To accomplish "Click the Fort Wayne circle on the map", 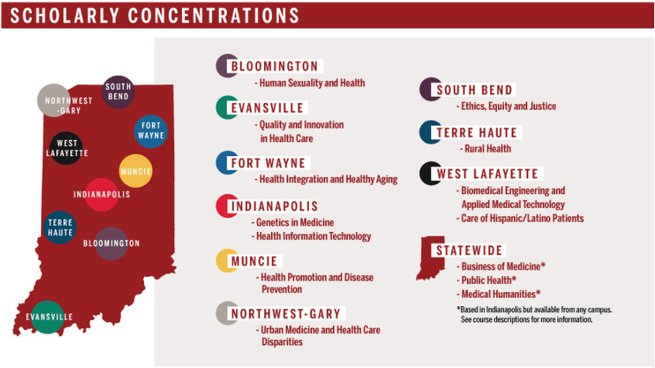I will tap(150, 131).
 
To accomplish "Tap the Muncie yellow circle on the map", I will tap(135, 171).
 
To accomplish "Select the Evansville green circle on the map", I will tap(47, 317).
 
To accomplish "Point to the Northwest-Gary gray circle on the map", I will tap(53, 101).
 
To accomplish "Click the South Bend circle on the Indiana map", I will tap(118, 92).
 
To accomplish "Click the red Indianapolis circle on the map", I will tap(101, 194).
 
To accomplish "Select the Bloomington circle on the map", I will tap(111, 244).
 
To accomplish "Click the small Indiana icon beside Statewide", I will tap(426, 257).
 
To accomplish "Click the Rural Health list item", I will tap(486, 148).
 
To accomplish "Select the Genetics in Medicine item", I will tap(294, 223).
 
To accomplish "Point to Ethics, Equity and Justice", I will tap(507, 106).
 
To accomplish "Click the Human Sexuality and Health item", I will tap(310, 83).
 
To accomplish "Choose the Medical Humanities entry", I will tap(499, 294).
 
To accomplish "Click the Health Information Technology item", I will tap(313, 237).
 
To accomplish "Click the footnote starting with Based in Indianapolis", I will tap(534, 314).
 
